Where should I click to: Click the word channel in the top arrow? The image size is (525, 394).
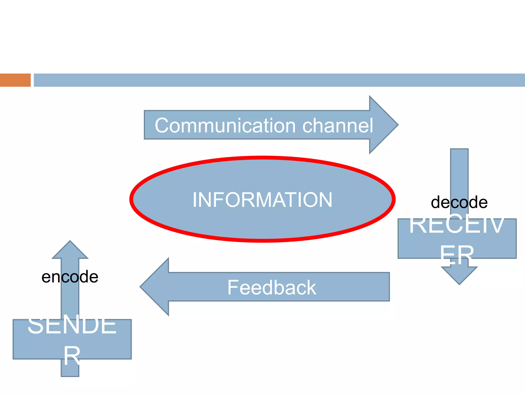pyautogui.click(x=338, y=126)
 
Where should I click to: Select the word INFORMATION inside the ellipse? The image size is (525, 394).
pyautogui.click(x=262, y=200)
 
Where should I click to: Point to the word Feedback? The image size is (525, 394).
pyautogui.click(x=271, y=288)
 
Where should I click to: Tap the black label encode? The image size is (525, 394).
pyautogui.click(x=70, y=277)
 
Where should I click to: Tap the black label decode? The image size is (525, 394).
pyautogui.click(x=459, y=202)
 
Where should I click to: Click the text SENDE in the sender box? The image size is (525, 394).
pyautogui.click(x=72, y=325)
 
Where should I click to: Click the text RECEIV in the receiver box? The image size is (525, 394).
pyautogui.click(x=456, y=225)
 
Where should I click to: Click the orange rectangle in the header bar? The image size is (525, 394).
pyautogui.click(x=15, y=80)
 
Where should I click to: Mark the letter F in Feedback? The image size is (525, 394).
pyautogui.click(x=233, y=287)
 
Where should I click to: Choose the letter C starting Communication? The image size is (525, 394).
pyautogui.click(x=163, y=125)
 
